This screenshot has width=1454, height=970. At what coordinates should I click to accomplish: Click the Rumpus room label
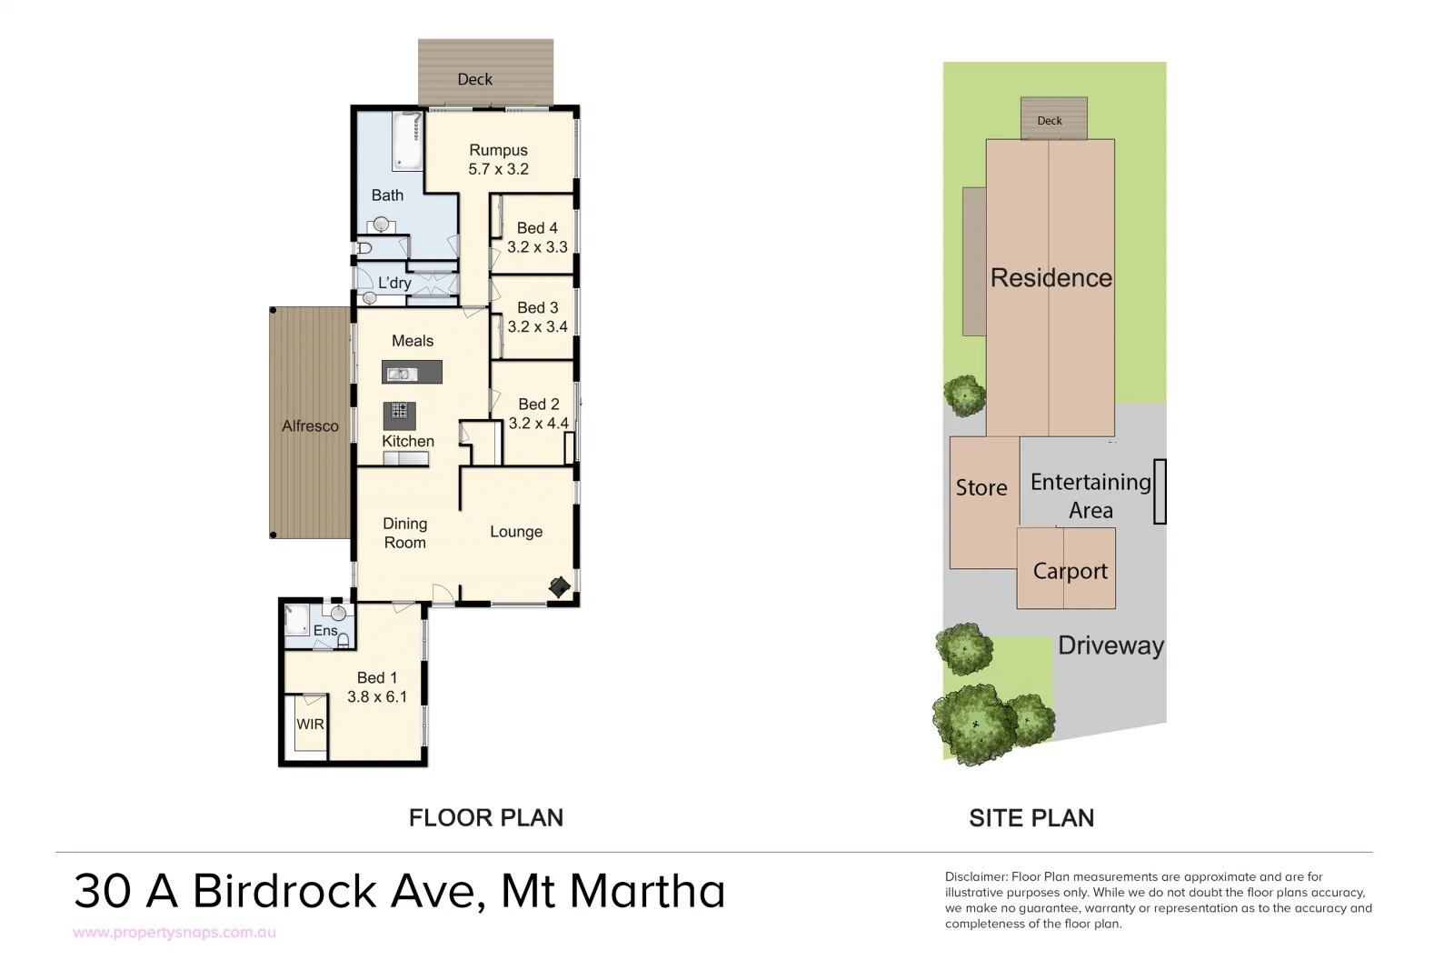click(498, 150)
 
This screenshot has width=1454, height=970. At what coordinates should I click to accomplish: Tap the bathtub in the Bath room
click(407, 142)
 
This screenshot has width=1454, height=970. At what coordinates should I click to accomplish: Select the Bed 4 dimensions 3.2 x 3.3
click(537, 247)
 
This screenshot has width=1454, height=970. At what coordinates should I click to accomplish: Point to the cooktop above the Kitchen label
click(399, 415)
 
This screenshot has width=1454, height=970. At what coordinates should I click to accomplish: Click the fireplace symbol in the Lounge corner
click(560, 587)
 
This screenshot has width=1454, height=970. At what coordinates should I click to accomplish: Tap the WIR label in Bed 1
click(310, 725)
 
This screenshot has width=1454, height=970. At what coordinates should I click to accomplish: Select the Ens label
click(324, 630)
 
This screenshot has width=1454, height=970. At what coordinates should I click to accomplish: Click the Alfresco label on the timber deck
click(310, 425)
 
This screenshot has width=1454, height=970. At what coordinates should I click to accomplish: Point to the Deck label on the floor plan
click(474, 79)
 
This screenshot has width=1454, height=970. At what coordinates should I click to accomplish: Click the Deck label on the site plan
click(1050, 121)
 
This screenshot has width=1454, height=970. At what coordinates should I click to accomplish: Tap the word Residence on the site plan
click(1051, 277)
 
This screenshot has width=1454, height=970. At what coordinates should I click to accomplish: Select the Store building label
click(981, 487)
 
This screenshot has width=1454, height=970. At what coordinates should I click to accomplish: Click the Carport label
click(1070, 571)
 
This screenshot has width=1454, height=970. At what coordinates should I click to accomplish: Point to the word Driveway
click(1110, 645)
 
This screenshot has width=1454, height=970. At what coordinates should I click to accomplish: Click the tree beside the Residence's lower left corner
click(964, 395)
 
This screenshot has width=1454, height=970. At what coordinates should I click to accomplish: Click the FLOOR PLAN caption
click(485, 817)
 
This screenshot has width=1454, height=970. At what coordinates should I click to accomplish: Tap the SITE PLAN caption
click(1031, 817)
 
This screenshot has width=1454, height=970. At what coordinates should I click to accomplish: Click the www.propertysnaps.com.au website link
click(174, 933)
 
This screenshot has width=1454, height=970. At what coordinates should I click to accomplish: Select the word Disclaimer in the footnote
click(976, 877)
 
